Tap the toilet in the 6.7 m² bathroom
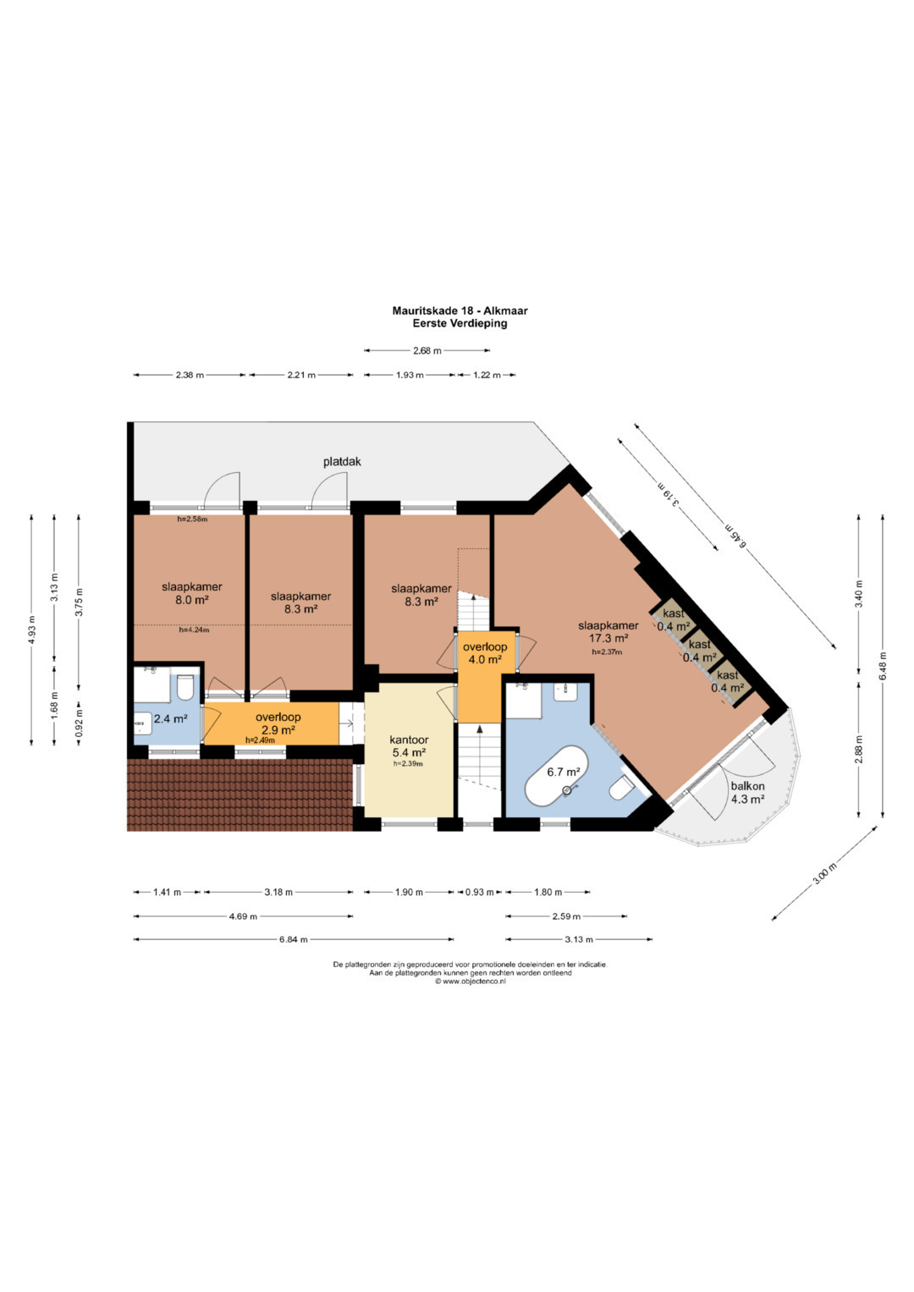[622, 789]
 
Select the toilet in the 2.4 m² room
[185, 687]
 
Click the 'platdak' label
[342, 462]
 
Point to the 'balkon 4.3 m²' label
[747, 793]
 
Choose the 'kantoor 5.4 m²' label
[409, 745]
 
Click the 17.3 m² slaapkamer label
[608, 632]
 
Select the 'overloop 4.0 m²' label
[485, 653]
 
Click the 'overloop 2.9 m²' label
[278, 723]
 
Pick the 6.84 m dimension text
[293, 939]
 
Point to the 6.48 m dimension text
[883, 666]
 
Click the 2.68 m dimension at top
[427, 350]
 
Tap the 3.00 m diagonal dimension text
[824, 873]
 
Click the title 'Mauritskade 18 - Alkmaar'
[460, 311]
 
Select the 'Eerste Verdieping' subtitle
[460, 323]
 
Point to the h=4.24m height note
[194, 630]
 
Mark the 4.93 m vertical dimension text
[32, 630]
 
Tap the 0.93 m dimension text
[479, 892]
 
